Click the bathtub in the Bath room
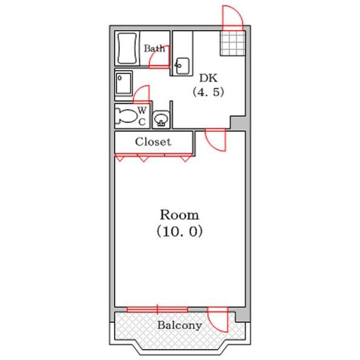pos(127,49)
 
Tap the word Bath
pos(154,49)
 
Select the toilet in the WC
pos(126,115)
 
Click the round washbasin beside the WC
pos(161,119)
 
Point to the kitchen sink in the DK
pos(182,66)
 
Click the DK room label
pos(208,78)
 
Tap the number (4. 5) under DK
pos(208,92)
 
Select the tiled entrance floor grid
pos(233,43)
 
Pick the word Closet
pos(153,142)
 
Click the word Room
pos(179,215)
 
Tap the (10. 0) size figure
pos(179,231)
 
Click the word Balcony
pos(179,325)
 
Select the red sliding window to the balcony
pos(157,309)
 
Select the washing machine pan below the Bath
pos(124,83)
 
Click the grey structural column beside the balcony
pos(242,315)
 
